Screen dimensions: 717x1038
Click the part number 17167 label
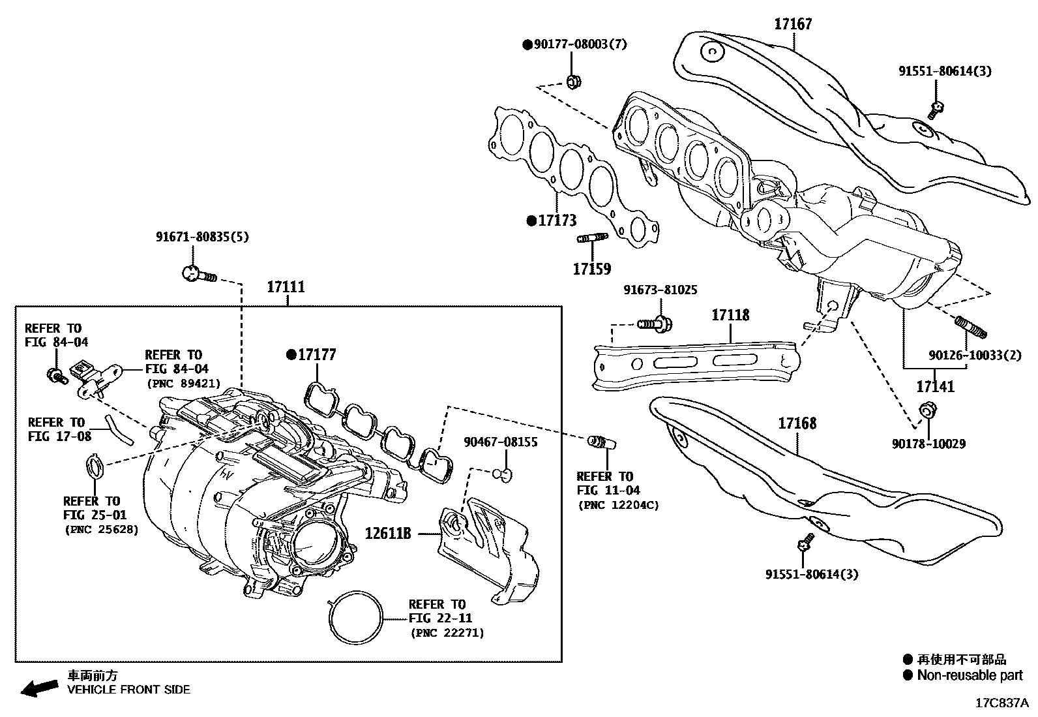pyautogui.click(x=793, y=24)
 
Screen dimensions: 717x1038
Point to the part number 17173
pyautogui.click(x=557, y=221)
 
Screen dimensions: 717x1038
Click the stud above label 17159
pyautogui.click(x=592, y=238)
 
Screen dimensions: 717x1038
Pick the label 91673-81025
pyautogui.click(x=660, y=290)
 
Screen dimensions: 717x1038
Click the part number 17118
pyautogui.click(x=730, y=315)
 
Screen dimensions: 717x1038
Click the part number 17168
pyautogui.click(x=797, y=423)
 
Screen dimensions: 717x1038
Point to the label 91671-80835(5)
pyautogui.click(x=202, y=237)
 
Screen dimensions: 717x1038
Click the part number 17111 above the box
pyautogui.click(x=286, y=287)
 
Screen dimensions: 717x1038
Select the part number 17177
pyautogui.click(x=317, y=355)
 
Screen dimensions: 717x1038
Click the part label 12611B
pyautogui.click(x=388, y=534)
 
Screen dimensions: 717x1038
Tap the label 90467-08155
pyautogui.click(x=501, y=442)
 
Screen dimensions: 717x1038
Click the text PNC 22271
pyautogui.click(x=447, y=633)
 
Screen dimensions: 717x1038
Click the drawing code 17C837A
pyautogui.click(x=1001, y=703)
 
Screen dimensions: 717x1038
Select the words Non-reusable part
pyautogui.click(x=970, y=675)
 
